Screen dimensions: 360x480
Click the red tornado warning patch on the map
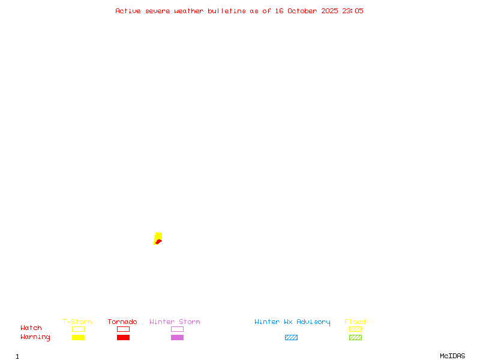[158, 242]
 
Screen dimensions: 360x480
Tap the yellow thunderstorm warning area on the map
[158, 236]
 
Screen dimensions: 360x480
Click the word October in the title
[306, 11]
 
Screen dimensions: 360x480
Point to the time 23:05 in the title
[353, 11]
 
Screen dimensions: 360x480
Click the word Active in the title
[128, 11]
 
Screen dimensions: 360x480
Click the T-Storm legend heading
[77, 322]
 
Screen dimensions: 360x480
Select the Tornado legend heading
[122, 322]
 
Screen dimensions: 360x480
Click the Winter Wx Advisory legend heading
[292, 322]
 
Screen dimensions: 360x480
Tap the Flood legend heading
[355, 322]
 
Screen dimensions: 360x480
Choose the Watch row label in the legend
[31, 328]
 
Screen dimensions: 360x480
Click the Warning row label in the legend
[35, 337]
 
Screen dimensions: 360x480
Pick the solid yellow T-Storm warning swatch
[78, 337]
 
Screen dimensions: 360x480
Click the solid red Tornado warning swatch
[123, 337]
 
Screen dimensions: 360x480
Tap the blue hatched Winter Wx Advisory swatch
[291, 337]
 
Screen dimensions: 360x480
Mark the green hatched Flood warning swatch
[355, 337]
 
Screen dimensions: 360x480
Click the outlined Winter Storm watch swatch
[177, 329]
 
